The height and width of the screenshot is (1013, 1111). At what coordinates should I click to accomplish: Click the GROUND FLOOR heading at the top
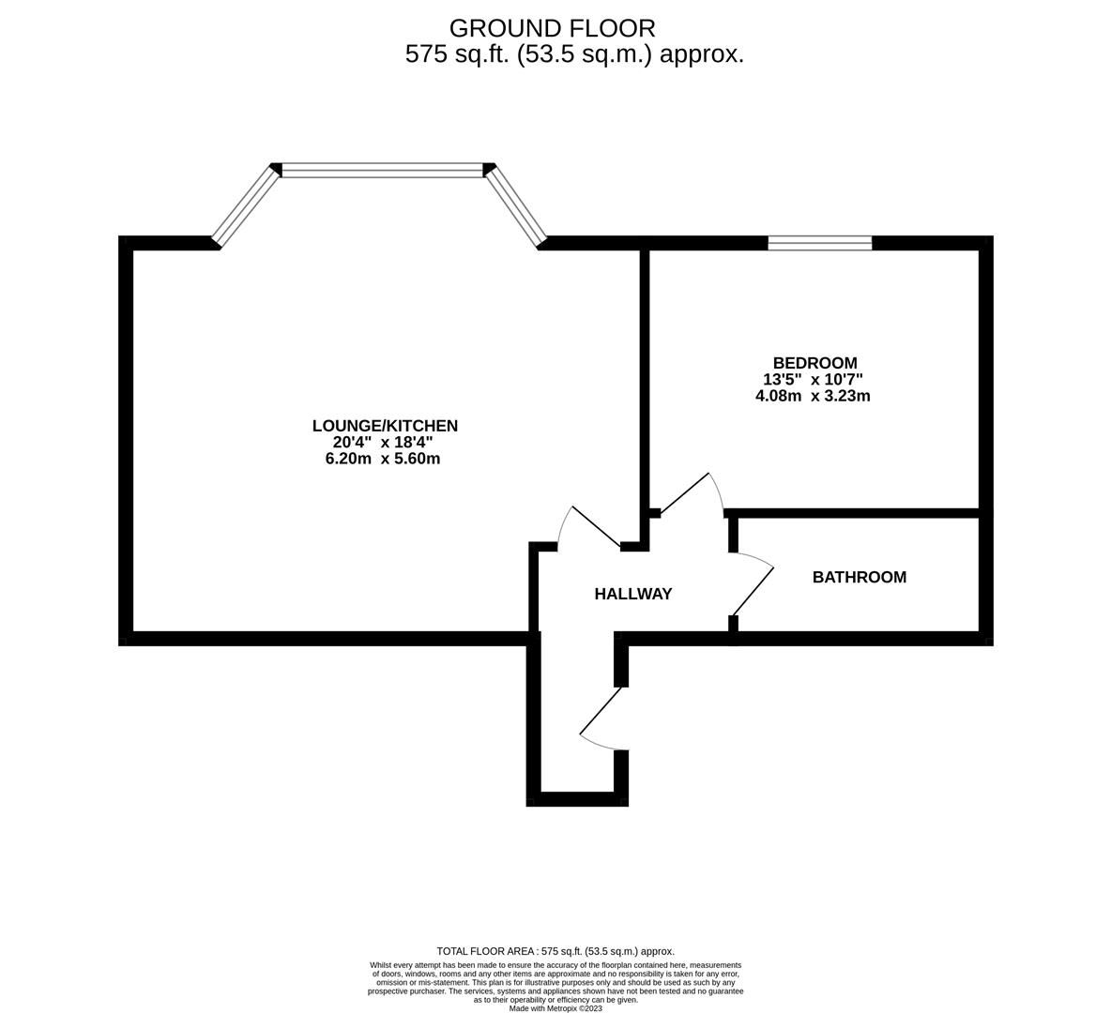pos(552,28)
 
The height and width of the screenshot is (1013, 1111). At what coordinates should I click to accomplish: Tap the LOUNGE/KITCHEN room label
pos(385,426)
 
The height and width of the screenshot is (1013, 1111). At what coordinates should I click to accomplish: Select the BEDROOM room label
pos(814,363)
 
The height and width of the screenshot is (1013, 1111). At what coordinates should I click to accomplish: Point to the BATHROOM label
pos(860,578)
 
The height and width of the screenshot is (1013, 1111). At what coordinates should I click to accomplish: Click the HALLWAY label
pos(632,595)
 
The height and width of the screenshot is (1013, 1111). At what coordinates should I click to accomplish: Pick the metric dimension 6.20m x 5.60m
pos(383,459)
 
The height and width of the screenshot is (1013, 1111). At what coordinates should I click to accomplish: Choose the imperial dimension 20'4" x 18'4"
pos(383,442)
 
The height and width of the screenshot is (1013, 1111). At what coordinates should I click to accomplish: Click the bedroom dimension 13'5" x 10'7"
pos(813,380)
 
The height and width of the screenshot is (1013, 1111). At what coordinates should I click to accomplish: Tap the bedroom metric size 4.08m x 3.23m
pos(813,396)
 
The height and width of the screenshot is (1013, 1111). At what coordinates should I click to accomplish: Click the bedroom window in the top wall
pos(820,243)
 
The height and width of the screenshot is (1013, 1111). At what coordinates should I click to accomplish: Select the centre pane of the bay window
pos(383,170)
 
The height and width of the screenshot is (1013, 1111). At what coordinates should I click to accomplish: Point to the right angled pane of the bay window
pos(516,206)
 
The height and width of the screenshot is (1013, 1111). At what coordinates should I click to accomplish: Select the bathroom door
pos(753,584)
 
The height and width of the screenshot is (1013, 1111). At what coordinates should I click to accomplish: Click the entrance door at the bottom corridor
pos(601,718)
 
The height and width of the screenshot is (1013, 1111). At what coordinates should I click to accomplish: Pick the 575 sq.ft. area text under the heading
pos(574,54)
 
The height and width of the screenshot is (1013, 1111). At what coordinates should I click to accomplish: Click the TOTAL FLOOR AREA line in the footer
pos(555,951)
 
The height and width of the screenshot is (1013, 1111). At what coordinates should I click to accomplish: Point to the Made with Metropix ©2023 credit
pos(555,1008)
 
